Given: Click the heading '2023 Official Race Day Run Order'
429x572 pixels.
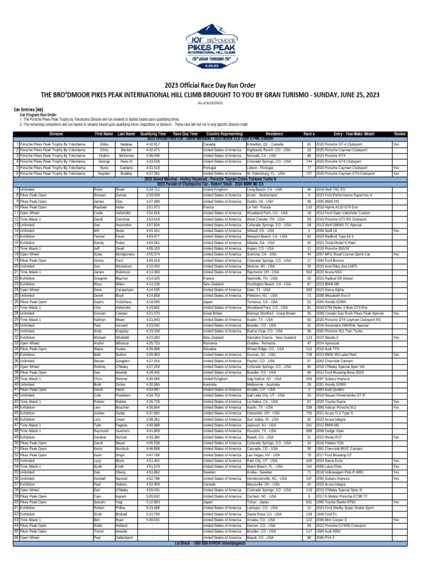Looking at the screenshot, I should (214, 84).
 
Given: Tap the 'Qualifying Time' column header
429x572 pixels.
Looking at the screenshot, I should (152, 134).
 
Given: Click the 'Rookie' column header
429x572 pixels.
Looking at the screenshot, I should (399, 134).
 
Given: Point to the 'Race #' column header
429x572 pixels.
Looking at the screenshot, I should (309, 134).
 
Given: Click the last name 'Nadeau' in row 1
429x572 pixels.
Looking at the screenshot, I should (126, 144).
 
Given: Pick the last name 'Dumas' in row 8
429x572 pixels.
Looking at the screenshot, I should (122, 195).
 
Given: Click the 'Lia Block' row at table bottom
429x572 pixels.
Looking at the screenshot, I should (214, 542).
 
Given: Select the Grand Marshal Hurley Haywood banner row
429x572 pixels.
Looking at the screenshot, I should (214, 179).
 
